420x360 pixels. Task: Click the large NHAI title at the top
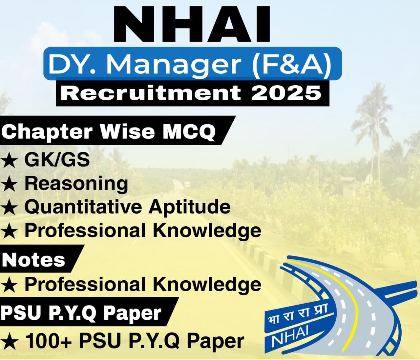(x=193, y=25)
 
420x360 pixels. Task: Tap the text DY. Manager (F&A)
(x=189, y=64)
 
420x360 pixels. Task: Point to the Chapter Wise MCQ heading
(x=108, y=131)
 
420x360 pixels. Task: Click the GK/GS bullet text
(x=57, y=160)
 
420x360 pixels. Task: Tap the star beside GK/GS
(x=9, y=161)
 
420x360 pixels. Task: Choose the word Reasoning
(x=76, y=183)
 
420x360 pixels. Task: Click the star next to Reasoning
(x=9, y=184)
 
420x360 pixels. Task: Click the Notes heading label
(x=33, y=260)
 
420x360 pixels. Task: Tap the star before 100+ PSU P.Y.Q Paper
(x=9, y=342)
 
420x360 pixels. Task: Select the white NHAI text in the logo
(x=290, y=336)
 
